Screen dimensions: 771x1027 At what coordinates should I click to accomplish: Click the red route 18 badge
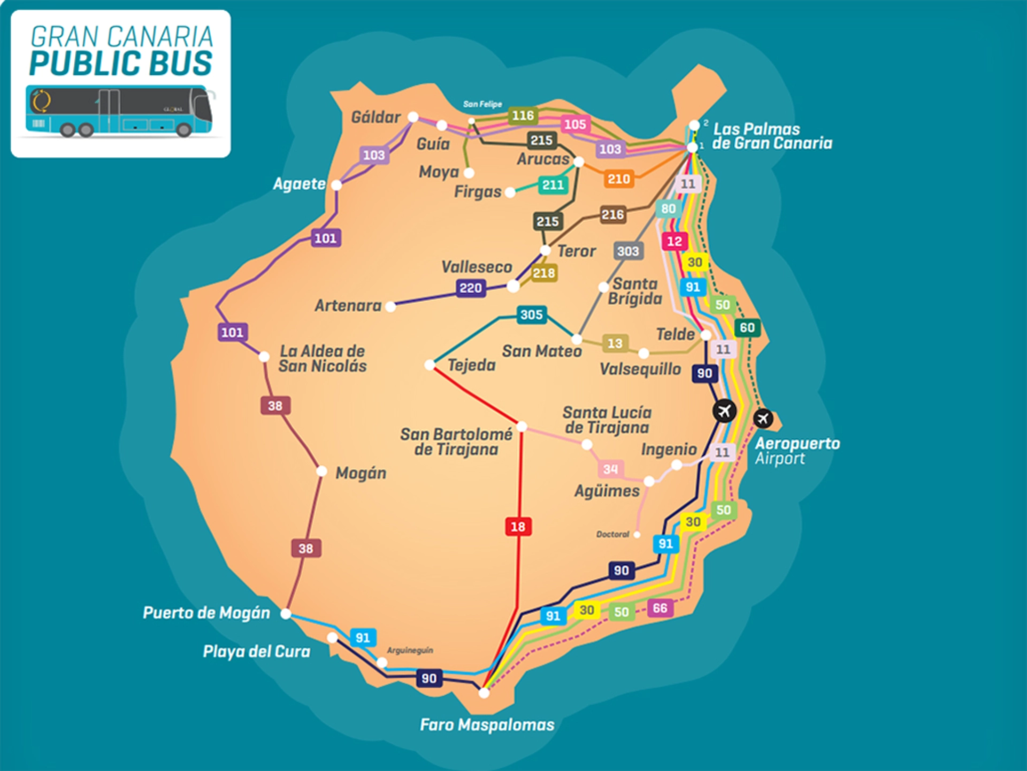click(518, 527)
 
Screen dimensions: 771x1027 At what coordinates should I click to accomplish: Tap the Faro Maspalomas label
click(487, 725)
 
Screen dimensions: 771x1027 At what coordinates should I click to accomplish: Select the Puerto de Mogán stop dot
click(286, 613)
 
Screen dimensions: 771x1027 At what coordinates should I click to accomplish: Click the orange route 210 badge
click(618, 179)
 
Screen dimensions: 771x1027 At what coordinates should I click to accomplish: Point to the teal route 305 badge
click(531, 314)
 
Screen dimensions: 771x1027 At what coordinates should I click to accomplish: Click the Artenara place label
click(348, 306)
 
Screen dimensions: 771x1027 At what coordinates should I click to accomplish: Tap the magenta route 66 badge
click(660, 608)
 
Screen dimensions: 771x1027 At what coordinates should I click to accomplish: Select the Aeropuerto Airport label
click(796, 451)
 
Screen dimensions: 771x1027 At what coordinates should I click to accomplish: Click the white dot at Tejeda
click(430, 365)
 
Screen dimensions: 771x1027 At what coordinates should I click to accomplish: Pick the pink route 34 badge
click(610, 469)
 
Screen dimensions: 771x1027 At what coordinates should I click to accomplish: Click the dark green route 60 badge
click(747, 327)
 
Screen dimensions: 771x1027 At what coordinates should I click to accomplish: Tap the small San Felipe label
click(482, 104)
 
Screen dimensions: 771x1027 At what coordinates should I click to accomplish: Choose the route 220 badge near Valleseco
click(471, 288)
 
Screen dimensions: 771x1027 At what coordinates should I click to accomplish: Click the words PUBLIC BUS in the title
click(121, 63)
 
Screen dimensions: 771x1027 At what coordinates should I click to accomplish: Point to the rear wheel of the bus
click(183, 129)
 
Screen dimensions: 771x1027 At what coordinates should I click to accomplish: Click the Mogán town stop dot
click(321, 471)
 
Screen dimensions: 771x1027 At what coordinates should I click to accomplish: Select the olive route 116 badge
click(523, 115)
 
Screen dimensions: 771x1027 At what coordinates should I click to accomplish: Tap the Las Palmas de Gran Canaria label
click(771, 136)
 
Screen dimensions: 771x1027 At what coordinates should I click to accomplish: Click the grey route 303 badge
click(628, 251)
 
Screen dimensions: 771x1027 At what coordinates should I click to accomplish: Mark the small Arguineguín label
click(410, 650)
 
